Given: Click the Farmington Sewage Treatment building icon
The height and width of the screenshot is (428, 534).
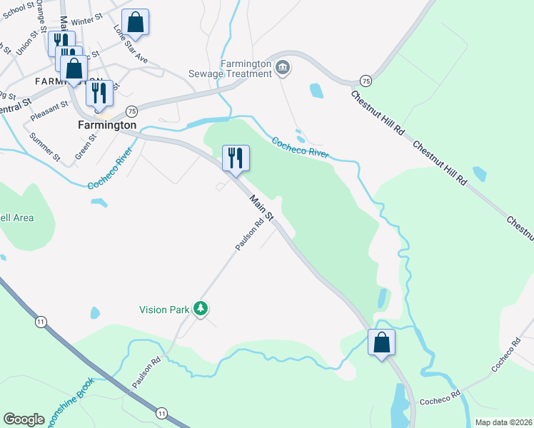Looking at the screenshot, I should coord(283,68).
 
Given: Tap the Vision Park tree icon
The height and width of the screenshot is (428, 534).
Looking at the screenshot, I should coord(201,309).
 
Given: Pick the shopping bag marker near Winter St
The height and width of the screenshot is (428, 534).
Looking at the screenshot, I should coord(136,22).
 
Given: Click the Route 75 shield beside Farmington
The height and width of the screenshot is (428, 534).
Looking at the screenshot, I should coord(131,111).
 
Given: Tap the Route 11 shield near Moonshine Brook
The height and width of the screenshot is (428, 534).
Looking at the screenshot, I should coord(161,413).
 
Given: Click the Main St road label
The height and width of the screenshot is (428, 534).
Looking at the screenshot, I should coord(261,206).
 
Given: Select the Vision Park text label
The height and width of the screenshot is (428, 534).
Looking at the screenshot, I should coord(164,310).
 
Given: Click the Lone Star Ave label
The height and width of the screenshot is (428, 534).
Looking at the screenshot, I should coord(131,45).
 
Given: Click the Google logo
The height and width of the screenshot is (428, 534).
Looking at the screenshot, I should coord(24,419).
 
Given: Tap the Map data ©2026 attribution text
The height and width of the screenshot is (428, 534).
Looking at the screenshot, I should coord(503,422).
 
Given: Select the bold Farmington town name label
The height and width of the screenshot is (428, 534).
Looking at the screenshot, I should coord(106,125).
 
